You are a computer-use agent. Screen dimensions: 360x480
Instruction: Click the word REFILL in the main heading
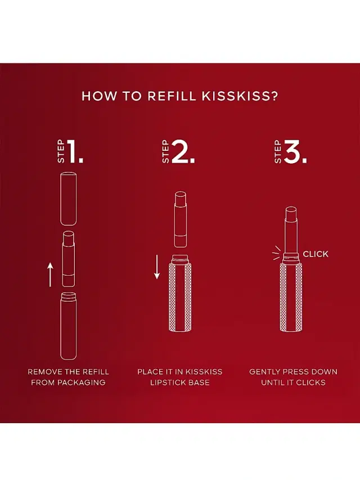tap(172, 96)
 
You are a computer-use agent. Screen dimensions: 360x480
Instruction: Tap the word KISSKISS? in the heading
tap(240, 96)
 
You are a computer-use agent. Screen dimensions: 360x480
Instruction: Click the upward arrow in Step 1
tap(50, 275)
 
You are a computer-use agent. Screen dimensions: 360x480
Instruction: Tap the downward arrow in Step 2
tap(157, 267)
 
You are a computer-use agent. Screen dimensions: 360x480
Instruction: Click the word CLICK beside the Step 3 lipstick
tap(316, 254)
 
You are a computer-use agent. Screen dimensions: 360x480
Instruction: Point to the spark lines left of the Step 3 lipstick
tap(276, 253)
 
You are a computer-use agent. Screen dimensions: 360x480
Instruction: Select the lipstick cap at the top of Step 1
tap(68, 199)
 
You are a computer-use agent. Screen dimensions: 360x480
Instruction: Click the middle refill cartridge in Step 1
tap(68, 259)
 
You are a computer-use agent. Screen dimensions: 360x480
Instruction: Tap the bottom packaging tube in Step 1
tap(68, 326)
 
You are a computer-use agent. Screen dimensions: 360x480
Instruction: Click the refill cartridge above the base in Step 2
tap(181, 219)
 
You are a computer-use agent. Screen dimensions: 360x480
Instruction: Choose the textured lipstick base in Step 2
tap(180, 293)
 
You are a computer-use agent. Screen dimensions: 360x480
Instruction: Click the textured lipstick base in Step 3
tap(291, 293)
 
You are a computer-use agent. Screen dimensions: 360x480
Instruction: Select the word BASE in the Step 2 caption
tap(199, 382)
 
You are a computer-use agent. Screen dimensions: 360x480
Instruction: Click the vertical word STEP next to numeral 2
tap(165, 151)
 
